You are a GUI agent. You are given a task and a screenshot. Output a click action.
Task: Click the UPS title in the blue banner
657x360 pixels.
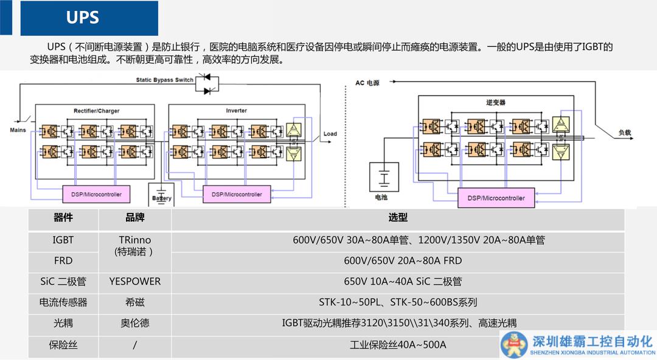(x=83, y=18)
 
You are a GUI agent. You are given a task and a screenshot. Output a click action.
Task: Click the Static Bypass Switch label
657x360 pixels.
(x=164, y=80)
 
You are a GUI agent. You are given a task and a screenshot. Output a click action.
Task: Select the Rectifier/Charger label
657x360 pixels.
(x=97, y=111)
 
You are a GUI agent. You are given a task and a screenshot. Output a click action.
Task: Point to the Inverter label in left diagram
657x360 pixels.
(x=237, y=111)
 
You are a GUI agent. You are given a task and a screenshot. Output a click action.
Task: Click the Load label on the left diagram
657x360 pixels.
(x=330, y=134)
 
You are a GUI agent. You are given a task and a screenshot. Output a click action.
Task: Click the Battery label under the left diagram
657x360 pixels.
(x=162, y=198)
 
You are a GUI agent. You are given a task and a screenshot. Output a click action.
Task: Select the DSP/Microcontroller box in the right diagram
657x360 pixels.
(x=496, y=198)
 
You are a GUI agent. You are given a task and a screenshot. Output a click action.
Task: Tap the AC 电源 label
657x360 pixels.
(x=367, y=83)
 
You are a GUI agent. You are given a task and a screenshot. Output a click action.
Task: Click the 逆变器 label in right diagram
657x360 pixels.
(x=496, y=103)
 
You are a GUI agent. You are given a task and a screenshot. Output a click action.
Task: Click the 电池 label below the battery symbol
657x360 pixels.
(x=381, y=197)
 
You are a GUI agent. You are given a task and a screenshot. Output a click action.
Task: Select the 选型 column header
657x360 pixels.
(x=398, y=218)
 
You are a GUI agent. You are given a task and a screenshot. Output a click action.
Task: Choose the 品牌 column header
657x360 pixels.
(x=134, y=218)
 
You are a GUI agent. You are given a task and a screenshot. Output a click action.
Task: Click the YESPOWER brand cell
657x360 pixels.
(x=134, y=281)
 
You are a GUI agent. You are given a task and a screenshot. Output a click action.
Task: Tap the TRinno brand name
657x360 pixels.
(x=134, y=240)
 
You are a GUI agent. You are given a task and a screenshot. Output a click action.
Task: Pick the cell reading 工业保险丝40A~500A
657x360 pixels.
(x=398, y=345)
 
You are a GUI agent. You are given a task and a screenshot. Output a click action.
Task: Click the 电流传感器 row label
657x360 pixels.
(x=63, y=302)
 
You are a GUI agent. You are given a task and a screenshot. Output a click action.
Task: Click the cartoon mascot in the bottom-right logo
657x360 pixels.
(x=515, y=344)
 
